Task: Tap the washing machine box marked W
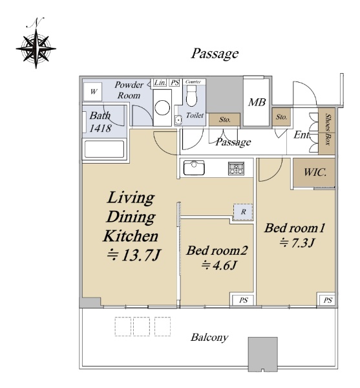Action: tap(92, 92)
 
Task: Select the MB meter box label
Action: tap(257, 102)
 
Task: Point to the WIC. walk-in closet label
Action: tap(315, 172)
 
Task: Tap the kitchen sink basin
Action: tap(194, 167)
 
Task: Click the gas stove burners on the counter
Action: tap(236, 169)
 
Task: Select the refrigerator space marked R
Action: tap(243, 212)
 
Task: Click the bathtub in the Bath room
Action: tap(104, 149)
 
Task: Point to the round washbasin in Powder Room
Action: tap(162, 107)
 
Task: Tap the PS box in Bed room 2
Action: tap(243, 300)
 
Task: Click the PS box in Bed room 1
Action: tap(328, 300)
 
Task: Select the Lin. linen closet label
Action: tap(160, 83)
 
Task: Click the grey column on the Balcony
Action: tap(263, 354)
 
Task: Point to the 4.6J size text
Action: tap(219, 266)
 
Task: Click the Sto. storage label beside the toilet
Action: tap(224, 120)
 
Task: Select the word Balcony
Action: tap(209, 338)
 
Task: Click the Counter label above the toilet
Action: tap(193, 81)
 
